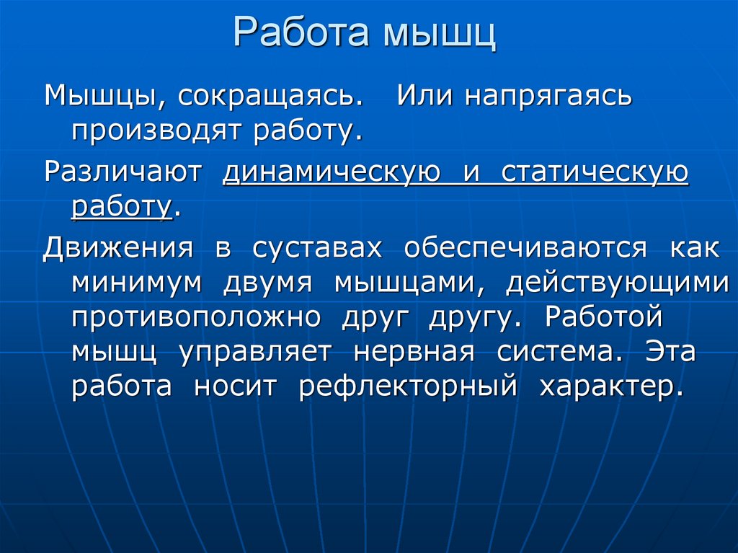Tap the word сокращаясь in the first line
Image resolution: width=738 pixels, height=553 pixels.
[266, 97]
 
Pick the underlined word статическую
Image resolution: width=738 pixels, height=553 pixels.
[595, 173]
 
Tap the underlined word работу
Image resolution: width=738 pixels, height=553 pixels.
[120, 208]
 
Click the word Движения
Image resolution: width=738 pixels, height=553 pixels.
[119, 248]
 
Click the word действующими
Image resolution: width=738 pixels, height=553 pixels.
[617, 283]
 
